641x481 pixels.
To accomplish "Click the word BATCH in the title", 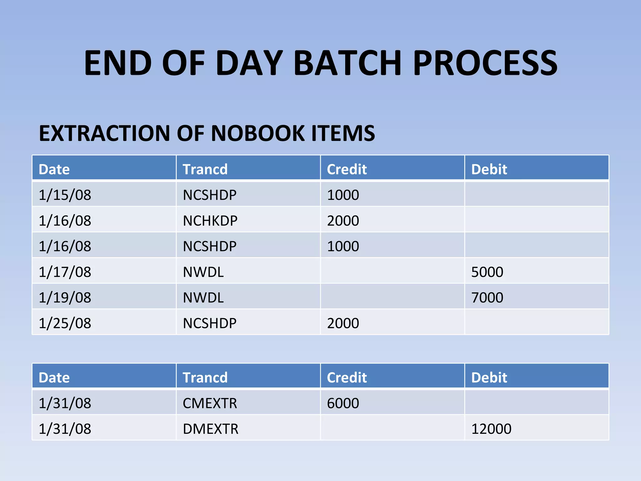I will click(x=347, y=63).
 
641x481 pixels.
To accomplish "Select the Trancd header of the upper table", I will click(x=205, y=169).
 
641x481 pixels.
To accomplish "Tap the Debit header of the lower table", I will click(x=489, y=378).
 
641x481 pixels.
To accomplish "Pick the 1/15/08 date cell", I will click(x=65, y=195).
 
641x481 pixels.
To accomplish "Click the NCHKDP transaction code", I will click(x=210, y=221).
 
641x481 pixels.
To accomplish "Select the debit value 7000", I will click(x=487, y=297).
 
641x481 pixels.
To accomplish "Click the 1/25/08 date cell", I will click(x=65, y=323).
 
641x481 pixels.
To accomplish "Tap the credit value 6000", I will click(x=343, y=403).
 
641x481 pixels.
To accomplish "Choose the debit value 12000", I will click(x=491, y=429).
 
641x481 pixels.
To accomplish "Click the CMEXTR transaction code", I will click(x=210, y=403).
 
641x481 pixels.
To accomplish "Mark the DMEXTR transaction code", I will click(x=210, y=429).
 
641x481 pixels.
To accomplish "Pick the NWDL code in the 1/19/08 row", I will click(x=203, y=297).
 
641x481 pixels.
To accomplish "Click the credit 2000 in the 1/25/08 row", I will click(x=343, y=323).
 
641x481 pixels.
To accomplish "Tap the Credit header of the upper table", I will click(x=346, y=169).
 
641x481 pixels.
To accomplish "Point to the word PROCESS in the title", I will click(x=485, y=63).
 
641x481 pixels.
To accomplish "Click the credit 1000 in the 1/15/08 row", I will click(x=343, y=195).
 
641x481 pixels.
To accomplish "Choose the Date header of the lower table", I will click(x=54, y=378).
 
